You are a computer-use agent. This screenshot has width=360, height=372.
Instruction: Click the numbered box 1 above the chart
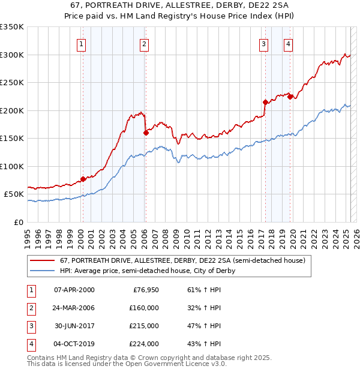click(x=80, y=43)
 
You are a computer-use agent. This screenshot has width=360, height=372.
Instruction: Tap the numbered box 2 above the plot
click(x=145, y=43)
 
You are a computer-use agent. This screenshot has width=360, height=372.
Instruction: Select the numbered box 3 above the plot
click(x=263, y=43)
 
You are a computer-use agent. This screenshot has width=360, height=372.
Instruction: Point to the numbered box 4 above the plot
click(x=289, y=43)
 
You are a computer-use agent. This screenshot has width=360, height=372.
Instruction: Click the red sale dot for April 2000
click(x=83, y=179)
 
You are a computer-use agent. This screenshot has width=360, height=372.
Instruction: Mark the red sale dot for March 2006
click(x=146, y=133)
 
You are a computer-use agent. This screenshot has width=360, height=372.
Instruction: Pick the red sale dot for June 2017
click(x=265, y=102)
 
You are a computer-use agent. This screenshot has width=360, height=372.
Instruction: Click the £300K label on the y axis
click(x=11, y=55)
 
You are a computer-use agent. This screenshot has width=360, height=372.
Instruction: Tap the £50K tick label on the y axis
click(x=14, y=194)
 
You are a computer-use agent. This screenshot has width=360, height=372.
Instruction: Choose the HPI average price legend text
click(x=148, y=271)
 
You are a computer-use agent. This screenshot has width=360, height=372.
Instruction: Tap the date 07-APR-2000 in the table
click(x=74, y=290)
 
